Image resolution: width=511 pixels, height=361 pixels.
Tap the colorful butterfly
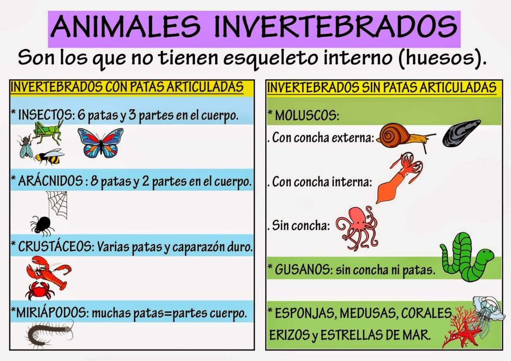pos(101,143)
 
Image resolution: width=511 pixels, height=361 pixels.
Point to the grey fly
pos(25,146)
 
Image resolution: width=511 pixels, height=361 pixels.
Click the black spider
pos(42,225)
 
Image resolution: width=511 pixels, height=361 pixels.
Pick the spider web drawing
pos(57,204)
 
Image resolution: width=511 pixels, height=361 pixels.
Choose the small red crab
pos(39,290)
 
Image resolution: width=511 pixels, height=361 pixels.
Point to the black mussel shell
pos(462,132)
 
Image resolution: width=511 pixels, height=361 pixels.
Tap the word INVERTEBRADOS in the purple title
pos(335,26)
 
